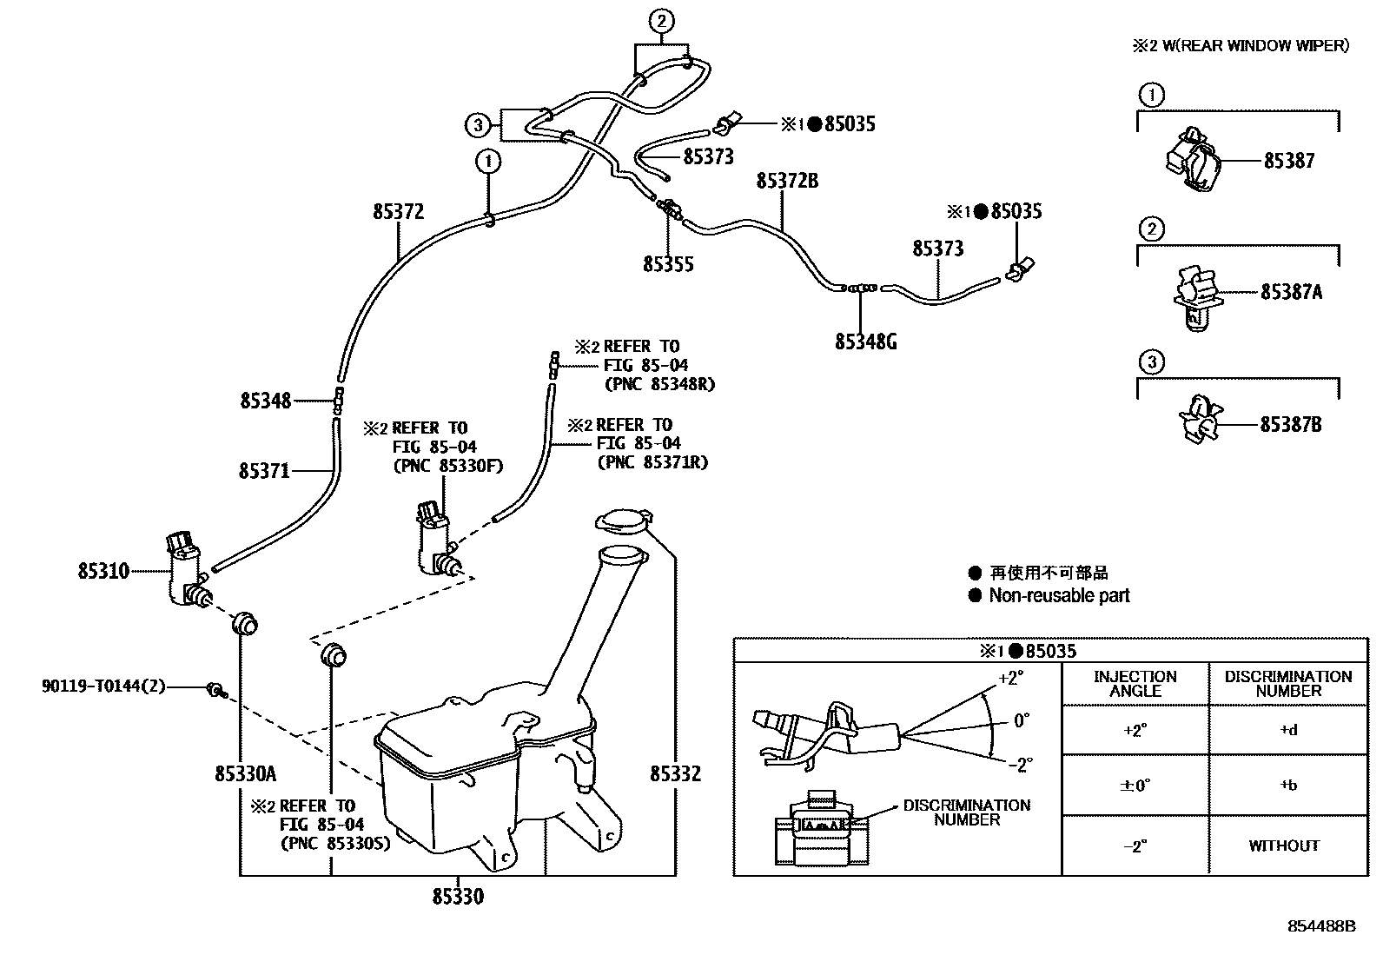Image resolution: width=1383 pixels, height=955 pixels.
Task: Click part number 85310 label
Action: tap(103, 571)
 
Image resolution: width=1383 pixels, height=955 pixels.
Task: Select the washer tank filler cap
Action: tap(621, 521)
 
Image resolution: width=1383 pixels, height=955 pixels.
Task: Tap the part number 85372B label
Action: tap(787, 181)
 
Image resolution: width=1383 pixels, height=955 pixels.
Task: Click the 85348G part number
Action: tap(865, 342)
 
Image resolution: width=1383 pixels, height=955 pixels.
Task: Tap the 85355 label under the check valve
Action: tap(668, 264)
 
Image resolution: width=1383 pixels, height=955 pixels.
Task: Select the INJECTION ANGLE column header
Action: tap(1135, 684)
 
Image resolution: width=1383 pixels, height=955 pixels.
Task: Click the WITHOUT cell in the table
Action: tap(1284, 846)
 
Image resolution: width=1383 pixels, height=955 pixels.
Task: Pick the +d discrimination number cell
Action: tap(1287, 730)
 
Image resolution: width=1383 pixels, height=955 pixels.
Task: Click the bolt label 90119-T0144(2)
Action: tap(103, 686)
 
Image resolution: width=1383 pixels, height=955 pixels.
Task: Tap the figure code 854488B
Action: tap(1320, 926)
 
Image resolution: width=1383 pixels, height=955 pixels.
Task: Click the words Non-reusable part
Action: tap(1059, 595)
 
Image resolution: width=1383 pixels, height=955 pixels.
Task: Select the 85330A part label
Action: tap(246, 773)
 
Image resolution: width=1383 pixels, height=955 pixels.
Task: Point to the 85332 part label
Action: tap(675, 773)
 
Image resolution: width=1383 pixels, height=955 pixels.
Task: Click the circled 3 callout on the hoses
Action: tap(478, 125)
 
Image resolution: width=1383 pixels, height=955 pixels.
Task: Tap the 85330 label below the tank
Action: tap(458, 896)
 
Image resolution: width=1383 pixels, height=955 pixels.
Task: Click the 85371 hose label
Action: tap(264, 471)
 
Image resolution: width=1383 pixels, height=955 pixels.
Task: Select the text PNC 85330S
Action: tap(334, 843)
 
